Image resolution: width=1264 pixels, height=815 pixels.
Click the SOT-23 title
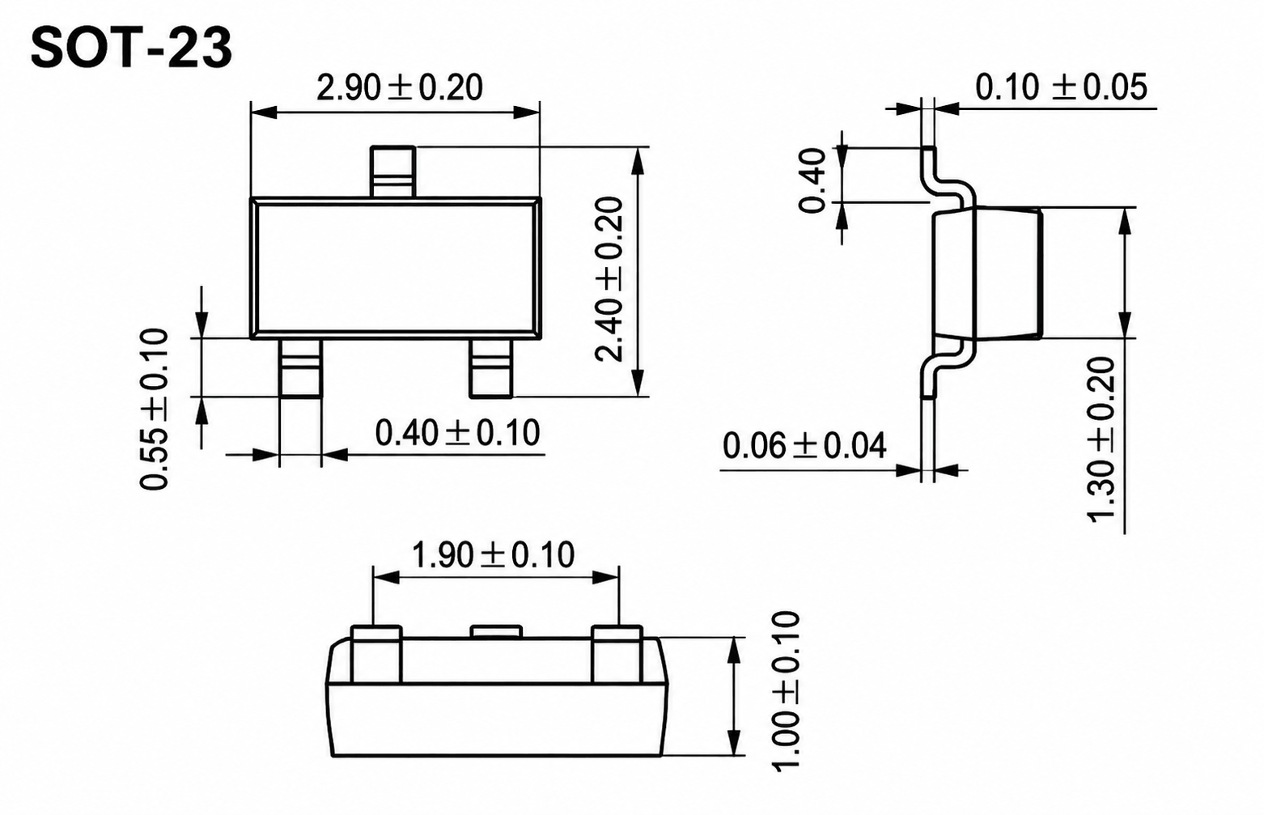click(131, 49)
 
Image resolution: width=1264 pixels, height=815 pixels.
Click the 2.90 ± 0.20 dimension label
click(400, 87)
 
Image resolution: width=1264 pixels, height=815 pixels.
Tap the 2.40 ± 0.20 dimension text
click(609, 278)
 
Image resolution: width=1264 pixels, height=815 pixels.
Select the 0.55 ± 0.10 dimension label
click(154, 410)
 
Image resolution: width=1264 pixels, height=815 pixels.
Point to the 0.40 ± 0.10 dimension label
click(458, 433)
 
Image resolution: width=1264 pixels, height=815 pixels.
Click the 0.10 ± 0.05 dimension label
click(1062, 87)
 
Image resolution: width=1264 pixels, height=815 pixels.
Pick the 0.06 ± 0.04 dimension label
click(804, 446)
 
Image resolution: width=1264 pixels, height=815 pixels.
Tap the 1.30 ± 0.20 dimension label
click(1101, 440)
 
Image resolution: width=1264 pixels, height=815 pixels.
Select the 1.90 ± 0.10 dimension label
click(494, 555)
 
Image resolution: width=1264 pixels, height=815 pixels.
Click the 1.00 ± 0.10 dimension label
click(786, 691)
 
